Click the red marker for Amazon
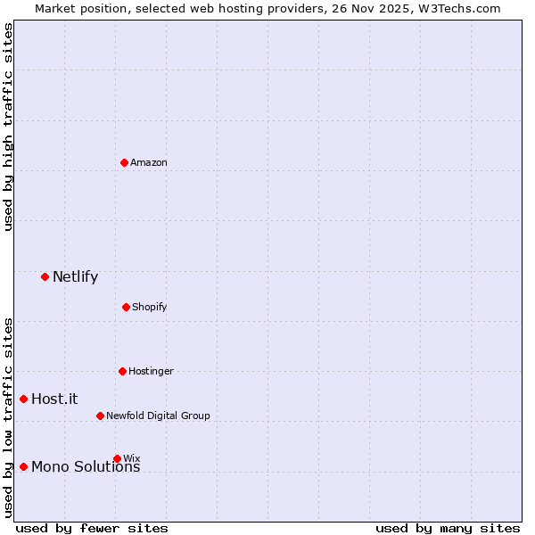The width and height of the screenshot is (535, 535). coord(124,162)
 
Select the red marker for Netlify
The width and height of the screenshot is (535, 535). coord(45,276)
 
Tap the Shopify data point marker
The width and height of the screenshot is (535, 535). coord(126,307)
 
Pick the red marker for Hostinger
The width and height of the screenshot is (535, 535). coord(122,371)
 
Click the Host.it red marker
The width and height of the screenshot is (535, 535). coord(23,399)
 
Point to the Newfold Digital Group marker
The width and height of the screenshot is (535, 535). coord(100,416)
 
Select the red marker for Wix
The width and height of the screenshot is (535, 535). coord(117,458)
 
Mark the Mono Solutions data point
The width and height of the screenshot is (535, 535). coord(23,466)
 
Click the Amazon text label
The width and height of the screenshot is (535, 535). coord(149,162)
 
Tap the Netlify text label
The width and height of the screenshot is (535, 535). coord(75,276)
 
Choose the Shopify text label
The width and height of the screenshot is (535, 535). coord(150,307)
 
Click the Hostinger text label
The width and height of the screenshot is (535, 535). coord(151,371)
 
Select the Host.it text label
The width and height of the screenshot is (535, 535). coord(54,399)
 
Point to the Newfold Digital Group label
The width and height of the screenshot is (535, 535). coord(158,416)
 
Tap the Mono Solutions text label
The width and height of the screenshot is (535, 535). coord(86,467)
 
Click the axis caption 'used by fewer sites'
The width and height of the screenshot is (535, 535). coord(92,528)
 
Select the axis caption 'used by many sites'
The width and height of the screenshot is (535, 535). coord(448,528)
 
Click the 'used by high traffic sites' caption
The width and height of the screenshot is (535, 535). coord(8,127)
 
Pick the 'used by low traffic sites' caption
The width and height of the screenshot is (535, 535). coord(8,417)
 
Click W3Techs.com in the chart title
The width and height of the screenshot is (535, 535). coord(456,8)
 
